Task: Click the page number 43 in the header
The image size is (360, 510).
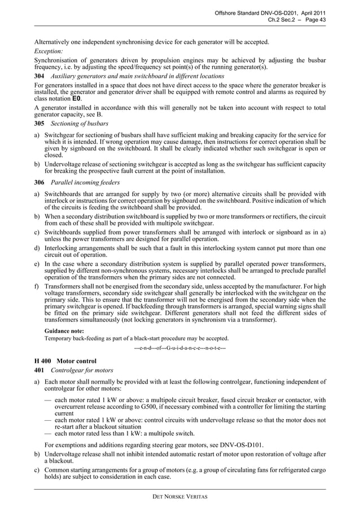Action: coord(322,20)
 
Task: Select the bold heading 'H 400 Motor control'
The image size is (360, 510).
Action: coord(65,360)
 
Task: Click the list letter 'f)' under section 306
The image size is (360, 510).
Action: coord(37,286)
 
